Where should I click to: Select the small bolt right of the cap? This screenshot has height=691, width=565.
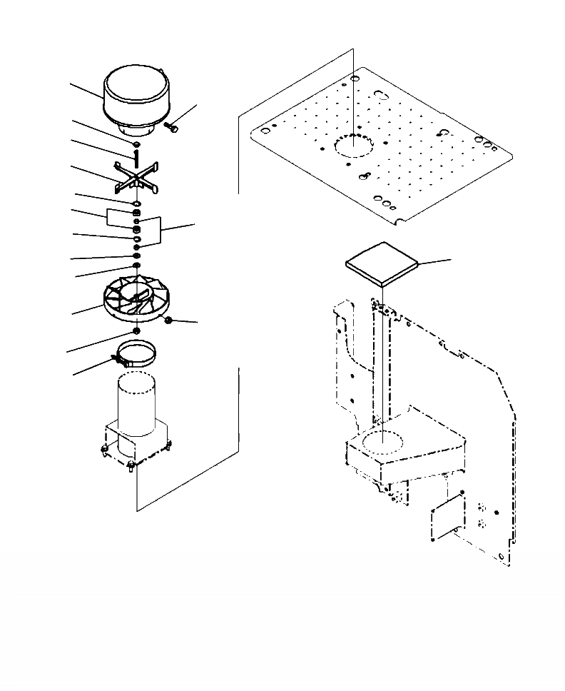(171, 127)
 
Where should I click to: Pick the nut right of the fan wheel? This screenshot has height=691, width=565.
(169, 321)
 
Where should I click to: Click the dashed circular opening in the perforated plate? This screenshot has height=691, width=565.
(355, 146)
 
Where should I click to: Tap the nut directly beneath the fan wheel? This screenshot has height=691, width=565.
(136, 332)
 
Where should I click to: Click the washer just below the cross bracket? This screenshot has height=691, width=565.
(136, 204)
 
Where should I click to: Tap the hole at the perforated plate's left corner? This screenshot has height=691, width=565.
(265, 131)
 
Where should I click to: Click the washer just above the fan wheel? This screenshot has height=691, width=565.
(135, 266)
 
